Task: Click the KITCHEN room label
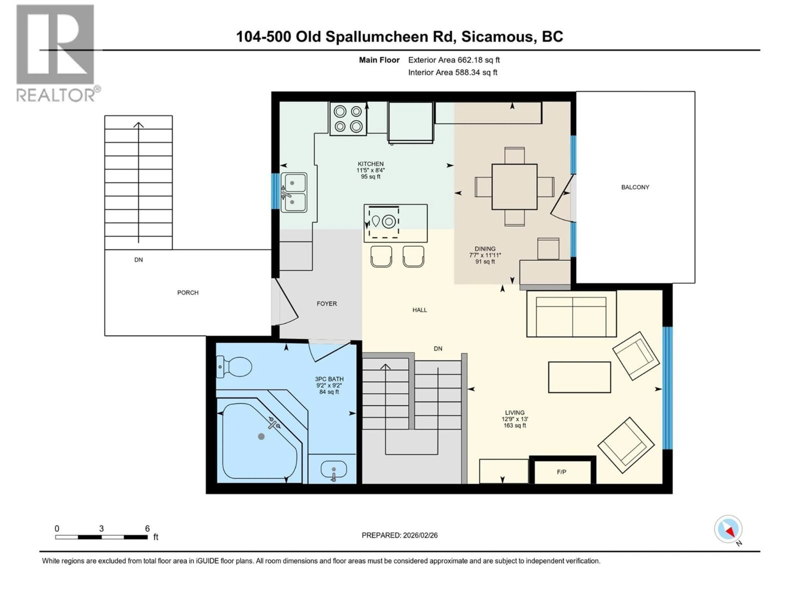pos(370,164)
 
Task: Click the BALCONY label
pos(635,187)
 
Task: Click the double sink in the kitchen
pos(293,192)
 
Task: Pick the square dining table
pos(514,187)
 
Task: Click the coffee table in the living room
pos(579,377)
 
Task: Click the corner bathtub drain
pos(261,436)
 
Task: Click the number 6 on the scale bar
pos(147,528)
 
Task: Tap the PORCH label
pos(188,292)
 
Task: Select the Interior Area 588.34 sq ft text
pos(452,72)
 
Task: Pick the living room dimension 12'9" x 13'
pos(515,419)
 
